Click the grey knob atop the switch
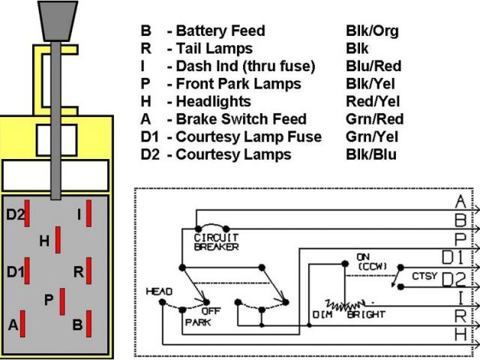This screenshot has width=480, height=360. point(58,21)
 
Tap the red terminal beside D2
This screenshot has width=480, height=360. point(27,213)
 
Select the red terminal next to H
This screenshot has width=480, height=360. point(58,240)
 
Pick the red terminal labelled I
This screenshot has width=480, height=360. point(88,213)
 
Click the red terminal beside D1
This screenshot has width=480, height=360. point(27,271)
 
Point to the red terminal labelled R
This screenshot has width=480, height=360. point(88,271)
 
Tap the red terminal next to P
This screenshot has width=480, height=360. point(62,301)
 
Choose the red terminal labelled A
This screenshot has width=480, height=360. point(22,323)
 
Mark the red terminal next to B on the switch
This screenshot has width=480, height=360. point(88,323)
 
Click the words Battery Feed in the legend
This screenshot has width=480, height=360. point(220,31)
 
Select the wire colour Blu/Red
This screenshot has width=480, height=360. point(373,66)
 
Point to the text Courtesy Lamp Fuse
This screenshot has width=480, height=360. point(248,136)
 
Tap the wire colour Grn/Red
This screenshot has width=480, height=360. point(375,119)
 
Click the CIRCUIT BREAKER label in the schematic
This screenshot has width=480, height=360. point(217,241)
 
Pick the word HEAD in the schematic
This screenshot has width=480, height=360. point(159,292)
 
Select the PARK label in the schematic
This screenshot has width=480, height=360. point(198,322)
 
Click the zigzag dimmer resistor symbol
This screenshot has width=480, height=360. point(345,305)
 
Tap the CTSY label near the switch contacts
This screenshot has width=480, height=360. point(424,276)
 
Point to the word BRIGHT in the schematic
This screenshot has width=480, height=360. point(366,314)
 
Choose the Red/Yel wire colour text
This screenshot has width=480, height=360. point(373,102)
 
